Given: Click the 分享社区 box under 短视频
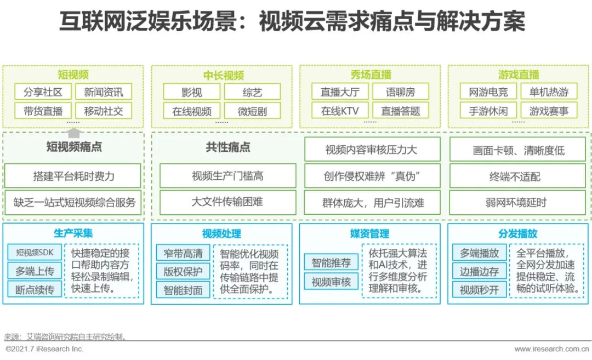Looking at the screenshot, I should [x=43, y=92].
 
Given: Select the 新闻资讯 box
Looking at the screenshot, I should [x=104, y=92].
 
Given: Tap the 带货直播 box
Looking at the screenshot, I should [x=43, y=111].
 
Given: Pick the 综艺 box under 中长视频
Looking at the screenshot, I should [x=252, y=92].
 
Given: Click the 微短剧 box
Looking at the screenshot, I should [x=252, y=111].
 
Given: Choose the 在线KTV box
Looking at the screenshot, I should [x=340, y=111].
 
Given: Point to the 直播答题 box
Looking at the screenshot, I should [x=401, y=111].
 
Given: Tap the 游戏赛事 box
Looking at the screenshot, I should [x=549, y=111].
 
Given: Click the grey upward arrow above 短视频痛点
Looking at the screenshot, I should [x=74, y=132].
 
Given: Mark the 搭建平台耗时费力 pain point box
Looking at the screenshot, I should [x=73, y=176].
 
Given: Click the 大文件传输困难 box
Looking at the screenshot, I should [x=227, y=202].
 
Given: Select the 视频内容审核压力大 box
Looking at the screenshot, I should [x=372, y=150].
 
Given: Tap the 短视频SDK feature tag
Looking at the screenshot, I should [x=35, y=253].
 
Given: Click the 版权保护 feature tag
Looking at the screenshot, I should [x=183, y=271].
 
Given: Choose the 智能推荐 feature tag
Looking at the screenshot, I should [x=331, y=262].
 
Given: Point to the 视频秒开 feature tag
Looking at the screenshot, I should [x=479, y=289].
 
